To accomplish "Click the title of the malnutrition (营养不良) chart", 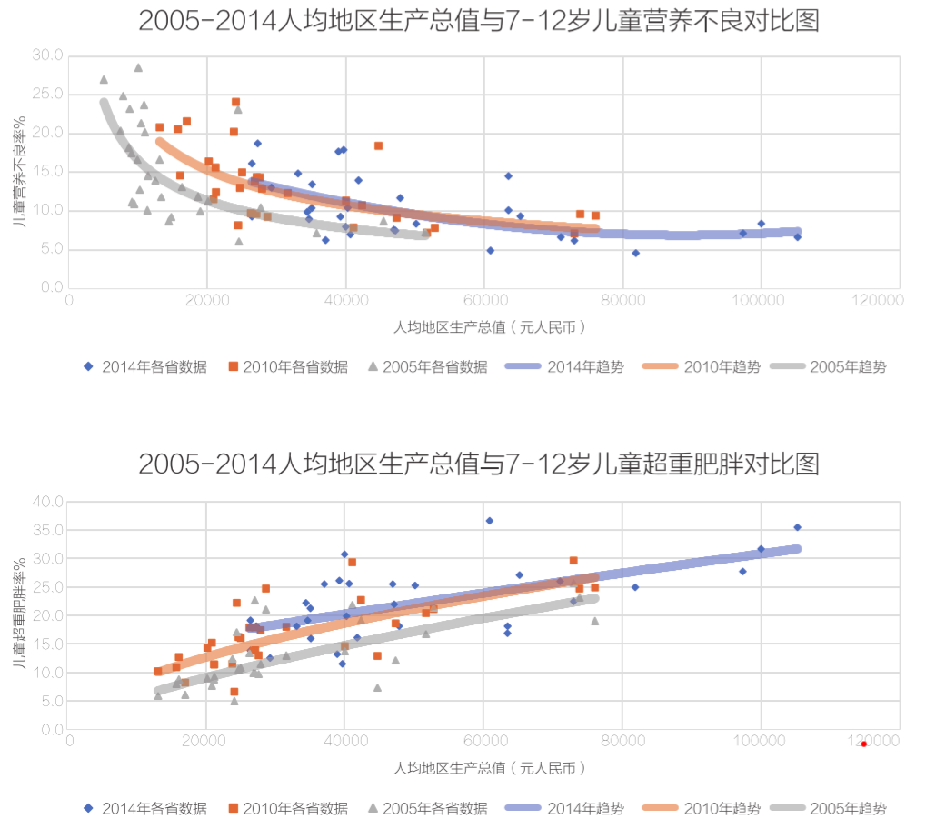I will click(x=479, y=21).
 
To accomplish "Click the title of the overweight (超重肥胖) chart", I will click(x=479, y=464).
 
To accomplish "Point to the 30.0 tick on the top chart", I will click(x=47, y=55).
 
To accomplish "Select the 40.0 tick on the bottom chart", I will click(x=47, y=502).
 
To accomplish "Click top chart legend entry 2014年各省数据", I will click(x=145, y=367).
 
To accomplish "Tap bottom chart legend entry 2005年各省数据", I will click(x=426, y=808).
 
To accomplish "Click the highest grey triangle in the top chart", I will click(x=138, y=67).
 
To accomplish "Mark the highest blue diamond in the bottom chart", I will click(x=489, y=521).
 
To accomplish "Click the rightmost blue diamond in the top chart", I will click(x=797, y=236).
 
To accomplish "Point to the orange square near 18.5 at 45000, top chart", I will click(x=378, y=145).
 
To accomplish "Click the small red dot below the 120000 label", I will click(x=863, y=744).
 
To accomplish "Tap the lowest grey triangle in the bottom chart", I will click(x=234, y=701).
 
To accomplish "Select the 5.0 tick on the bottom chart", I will click(x=51, y=701).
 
